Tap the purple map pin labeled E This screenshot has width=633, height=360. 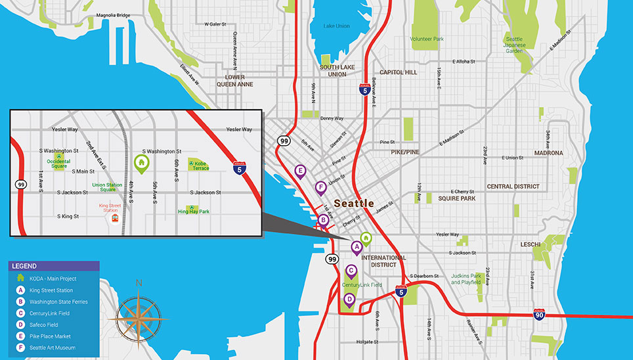[300, 172]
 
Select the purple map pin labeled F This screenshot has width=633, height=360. [320, 188]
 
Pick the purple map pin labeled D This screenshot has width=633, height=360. [349, 300]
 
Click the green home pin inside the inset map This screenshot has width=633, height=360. [140, 162]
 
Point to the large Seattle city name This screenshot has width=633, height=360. [354, 203]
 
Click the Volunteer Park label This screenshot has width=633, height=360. [427, 39]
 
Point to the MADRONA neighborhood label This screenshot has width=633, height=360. [548, 153]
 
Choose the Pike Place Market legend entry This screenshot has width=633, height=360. [53, 336]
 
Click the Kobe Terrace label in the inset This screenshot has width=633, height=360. [200, 165]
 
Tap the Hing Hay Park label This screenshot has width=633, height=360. [194, 212]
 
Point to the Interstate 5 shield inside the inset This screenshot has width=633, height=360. [240, 169]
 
